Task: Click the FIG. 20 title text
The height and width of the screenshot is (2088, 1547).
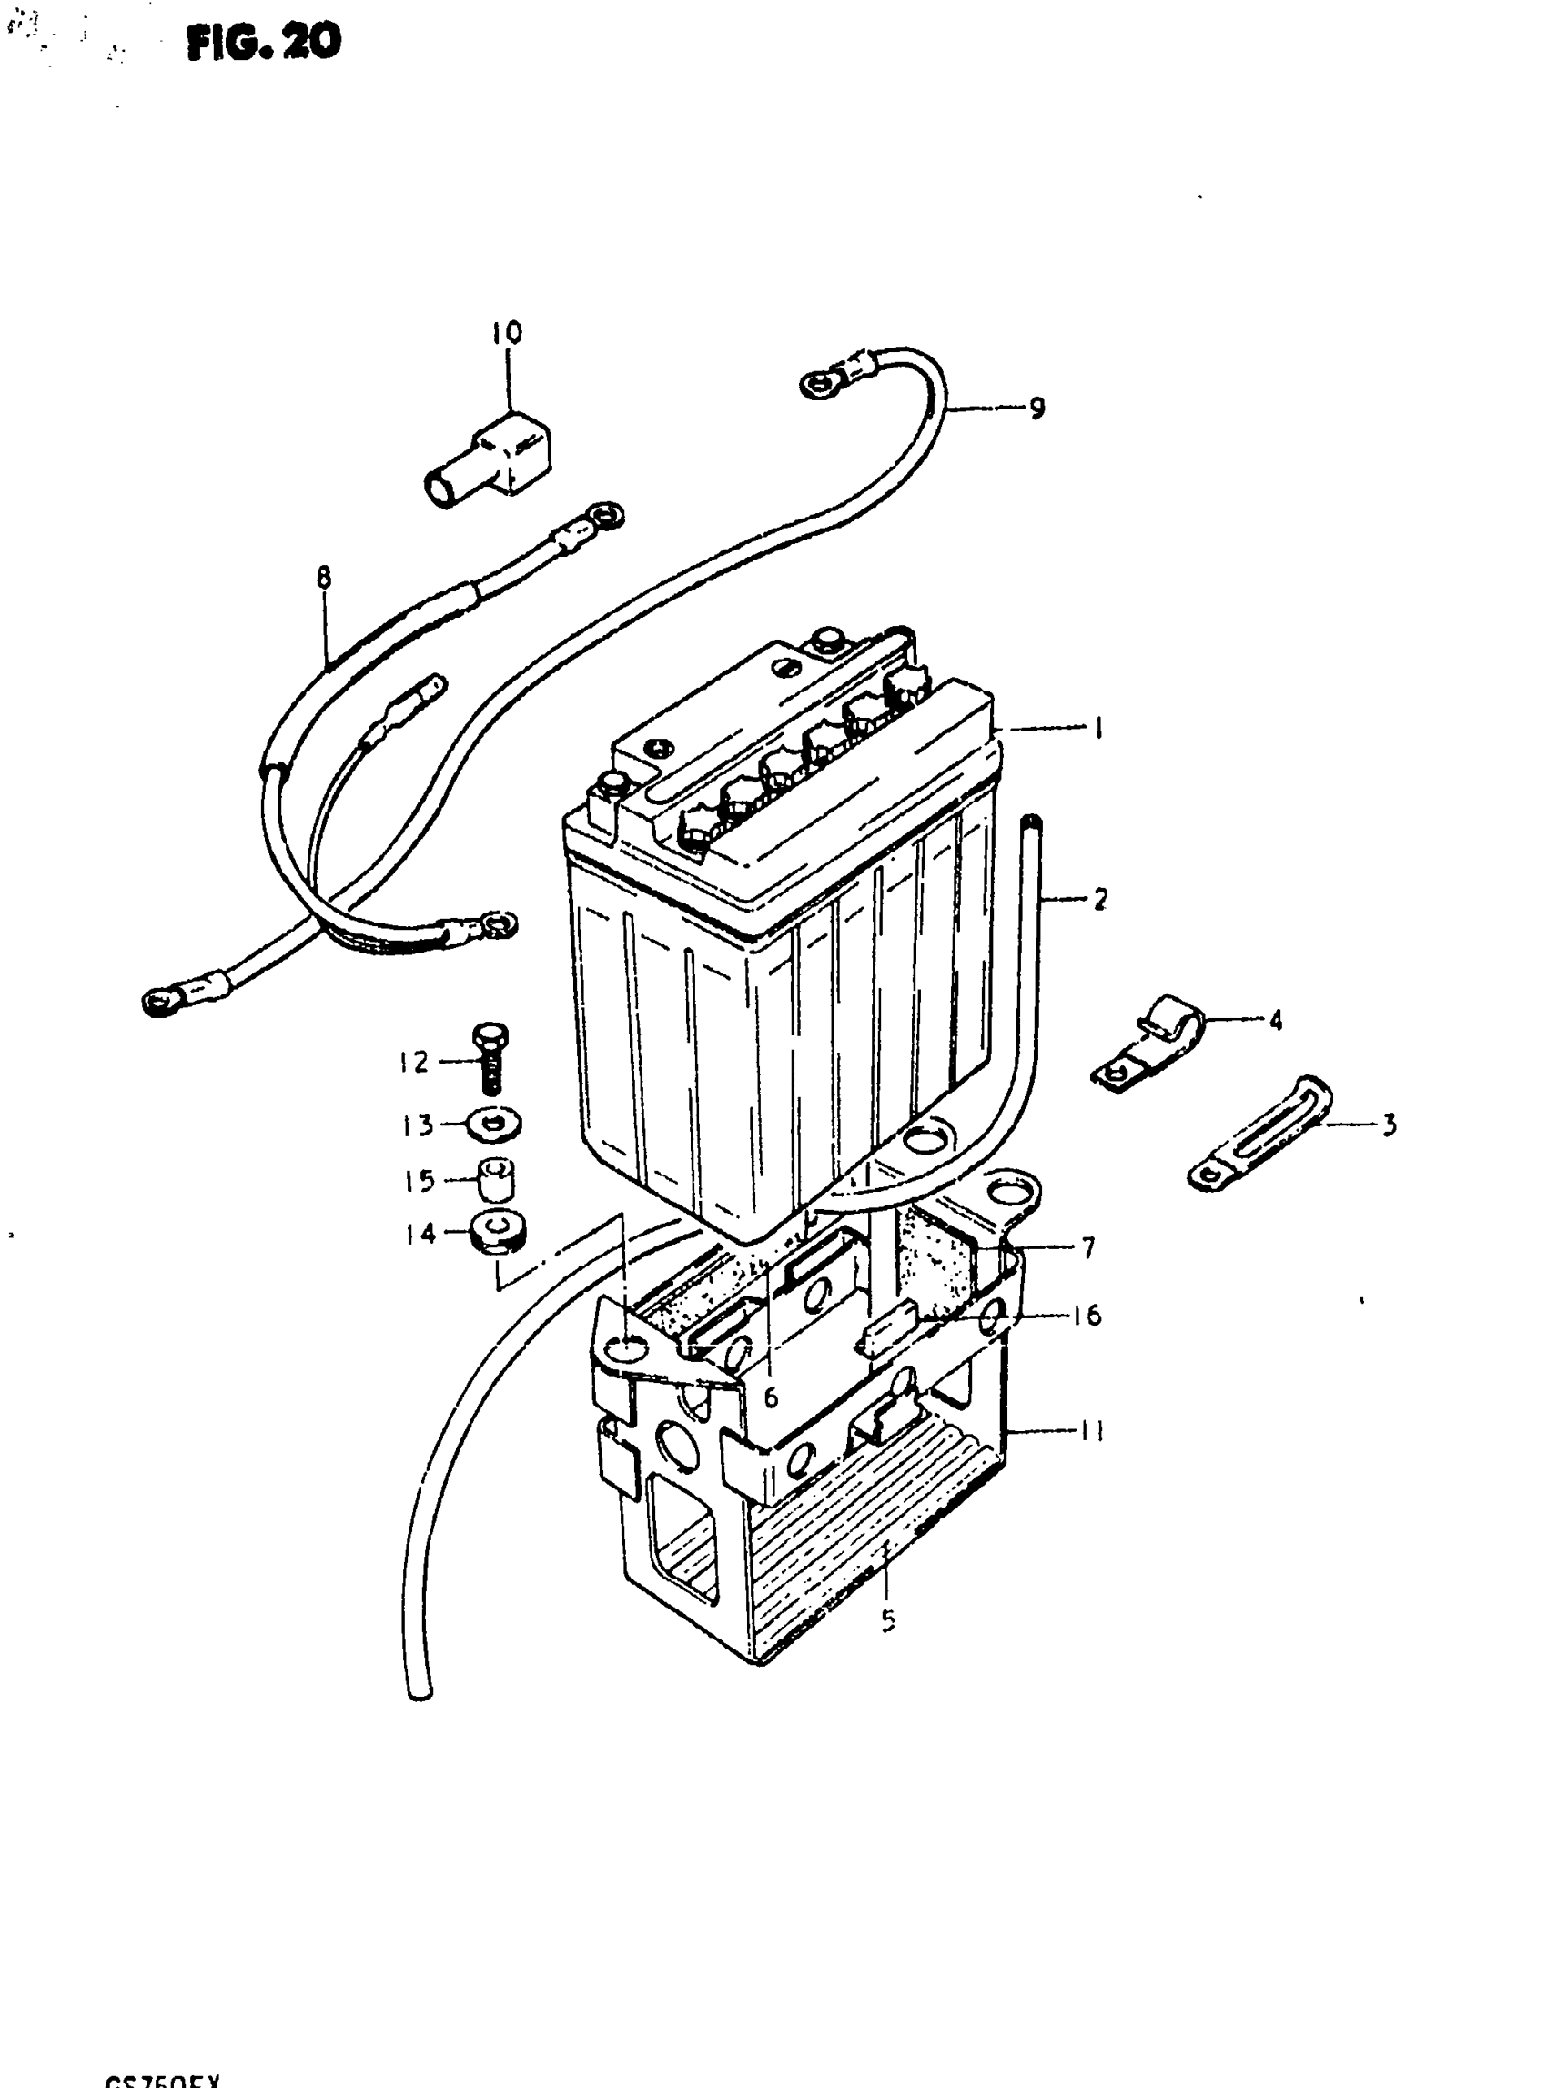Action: (264, 43)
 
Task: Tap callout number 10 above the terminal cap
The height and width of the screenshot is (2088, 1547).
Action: (507, 332)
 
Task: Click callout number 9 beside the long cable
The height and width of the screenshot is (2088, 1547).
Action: (1036, 409)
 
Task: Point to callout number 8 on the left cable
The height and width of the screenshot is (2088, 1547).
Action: (324, 578)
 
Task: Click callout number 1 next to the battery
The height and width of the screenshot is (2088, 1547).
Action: (1097, 728)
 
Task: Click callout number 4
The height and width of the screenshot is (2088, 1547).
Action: (1276, 1020)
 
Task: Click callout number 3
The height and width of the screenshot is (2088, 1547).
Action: (1390, 1124)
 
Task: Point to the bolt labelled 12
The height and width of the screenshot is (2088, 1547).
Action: (490, 1058)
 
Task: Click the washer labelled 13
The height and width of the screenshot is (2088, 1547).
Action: (494, 1124)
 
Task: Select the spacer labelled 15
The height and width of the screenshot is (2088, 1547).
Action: (497, 1181)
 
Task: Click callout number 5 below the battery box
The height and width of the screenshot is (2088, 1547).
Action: (888, 1620)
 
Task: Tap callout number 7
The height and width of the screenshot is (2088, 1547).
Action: (1088, 1248)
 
